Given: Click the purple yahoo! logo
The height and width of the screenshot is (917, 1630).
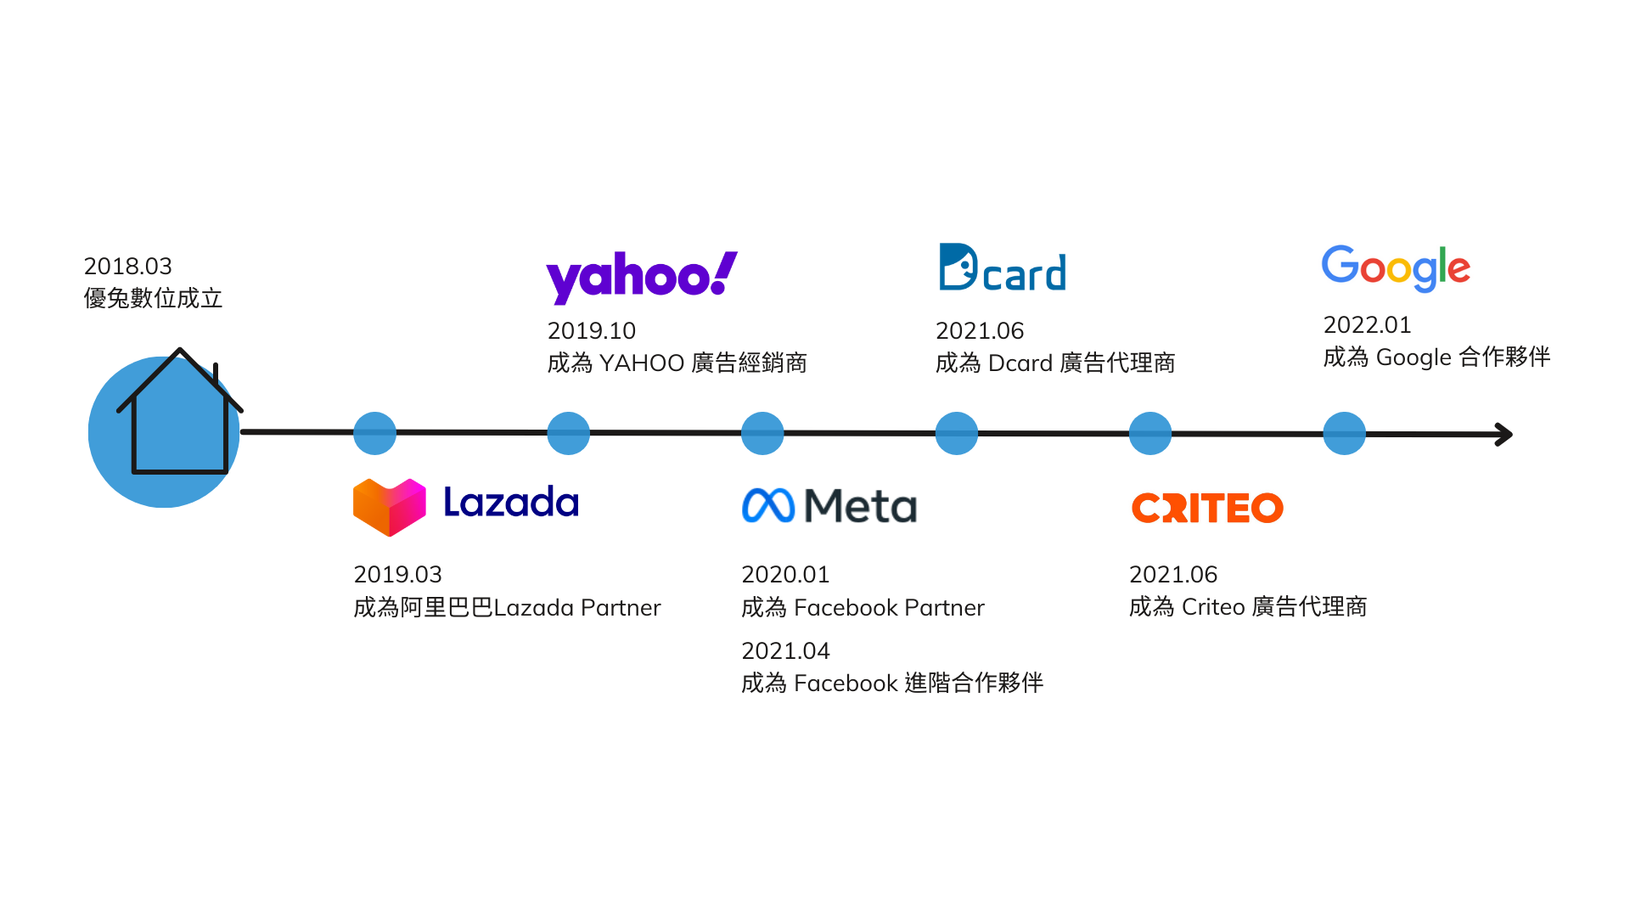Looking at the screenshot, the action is coord(642,277).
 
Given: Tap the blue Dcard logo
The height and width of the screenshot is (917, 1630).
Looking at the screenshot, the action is coord(1003,267).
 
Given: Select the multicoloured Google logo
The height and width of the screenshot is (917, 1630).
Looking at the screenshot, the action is coord(1396,268).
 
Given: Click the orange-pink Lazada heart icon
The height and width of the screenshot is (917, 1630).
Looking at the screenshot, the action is coord(390,507).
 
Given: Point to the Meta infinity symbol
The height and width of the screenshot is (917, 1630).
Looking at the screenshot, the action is coord(768,505).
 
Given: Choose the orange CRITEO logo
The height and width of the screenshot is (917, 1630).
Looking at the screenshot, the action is coord(1207,508).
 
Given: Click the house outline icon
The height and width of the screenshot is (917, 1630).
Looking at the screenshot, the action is coord(180,411).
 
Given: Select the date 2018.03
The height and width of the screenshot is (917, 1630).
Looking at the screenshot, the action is coord(128,267).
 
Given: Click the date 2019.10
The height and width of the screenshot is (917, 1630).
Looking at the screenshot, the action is coord(592,331).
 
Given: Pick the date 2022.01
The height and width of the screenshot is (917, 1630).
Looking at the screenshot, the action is coord(1368,325).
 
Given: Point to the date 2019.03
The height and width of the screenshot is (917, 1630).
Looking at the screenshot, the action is coord(398,575).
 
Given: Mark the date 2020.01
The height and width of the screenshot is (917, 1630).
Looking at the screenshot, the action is coord(786,575).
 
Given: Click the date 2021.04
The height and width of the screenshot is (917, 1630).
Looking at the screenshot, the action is coord(786,651).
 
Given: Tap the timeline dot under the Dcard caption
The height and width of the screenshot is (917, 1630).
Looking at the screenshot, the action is coord(957,433).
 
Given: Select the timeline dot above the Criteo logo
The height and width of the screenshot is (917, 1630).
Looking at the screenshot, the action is coord(1150,433).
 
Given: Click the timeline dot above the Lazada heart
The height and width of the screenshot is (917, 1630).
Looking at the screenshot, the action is coord(374,433).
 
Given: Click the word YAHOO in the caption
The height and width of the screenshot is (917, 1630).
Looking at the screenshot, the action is coord(642,363).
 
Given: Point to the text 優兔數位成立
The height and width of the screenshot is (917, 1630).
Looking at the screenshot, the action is coord(154,299).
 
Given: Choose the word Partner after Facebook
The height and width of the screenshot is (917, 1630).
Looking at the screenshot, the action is coord(944,608).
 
